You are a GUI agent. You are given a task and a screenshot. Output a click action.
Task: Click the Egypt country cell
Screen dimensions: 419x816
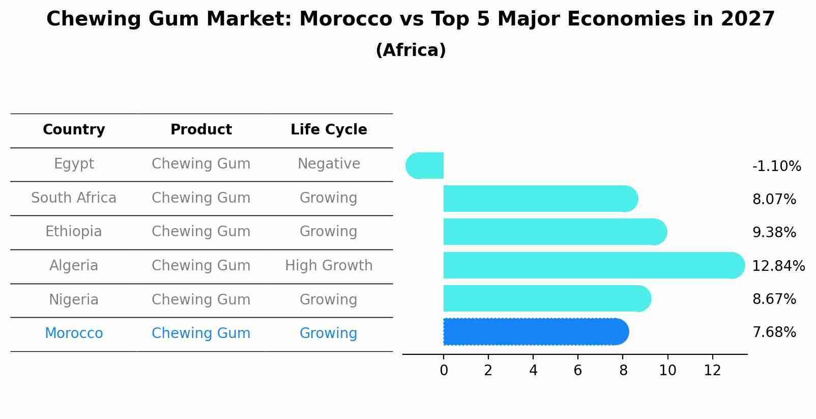click(x=74, y=164)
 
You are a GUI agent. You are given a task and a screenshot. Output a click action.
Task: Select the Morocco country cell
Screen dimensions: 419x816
click(x=74, y=333)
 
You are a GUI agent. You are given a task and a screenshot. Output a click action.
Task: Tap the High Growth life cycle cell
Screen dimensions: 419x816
click(x=329, y=266)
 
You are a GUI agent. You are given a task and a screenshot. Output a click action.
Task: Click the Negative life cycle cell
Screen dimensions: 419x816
click(x=329, y=164)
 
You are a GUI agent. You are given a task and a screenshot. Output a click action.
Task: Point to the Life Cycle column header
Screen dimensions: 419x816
click(x=329, y=130)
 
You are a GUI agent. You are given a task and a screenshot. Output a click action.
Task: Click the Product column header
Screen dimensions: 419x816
click(x=201, y=130)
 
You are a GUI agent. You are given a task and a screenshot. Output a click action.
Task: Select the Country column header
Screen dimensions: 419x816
click(x=74, y=130)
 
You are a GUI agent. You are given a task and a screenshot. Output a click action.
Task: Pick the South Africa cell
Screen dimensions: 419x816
click(x=74, y=198)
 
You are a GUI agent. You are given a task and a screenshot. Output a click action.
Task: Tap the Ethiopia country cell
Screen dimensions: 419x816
click(x=74, y=232)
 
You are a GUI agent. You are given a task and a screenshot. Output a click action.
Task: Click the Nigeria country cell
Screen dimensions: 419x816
click(x=74, y=300)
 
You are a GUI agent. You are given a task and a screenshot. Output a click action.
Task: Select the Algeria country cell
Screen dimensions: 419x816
click(x=74, y=266)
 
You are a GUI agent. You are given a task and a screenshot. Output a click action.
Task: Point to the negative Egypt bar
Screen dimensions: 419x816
click(x=425, y=165)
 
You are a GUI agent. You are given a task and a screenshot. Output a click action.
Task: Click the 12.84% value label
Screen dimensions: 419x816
click(x=778, y=266)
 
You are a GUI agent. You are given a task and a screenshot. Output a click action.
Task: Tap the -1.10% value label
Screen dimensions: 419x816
click(x=776, y=166)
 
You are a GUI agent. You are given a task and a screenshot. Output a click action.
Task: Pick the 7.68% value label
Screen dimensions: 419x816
click(x=774, y=332)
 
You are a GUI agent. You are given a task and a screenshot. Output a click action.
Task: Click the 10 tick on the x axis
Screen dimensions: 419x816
click(x=667, y=371)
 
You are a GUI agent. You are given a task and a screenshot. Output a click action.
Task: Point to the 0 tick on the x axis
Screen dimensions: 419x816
click(x=444, y=371)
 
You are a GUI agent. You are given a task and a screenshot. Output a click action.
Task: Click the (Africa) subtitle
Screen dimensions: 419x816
click(x=411, y=50)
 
